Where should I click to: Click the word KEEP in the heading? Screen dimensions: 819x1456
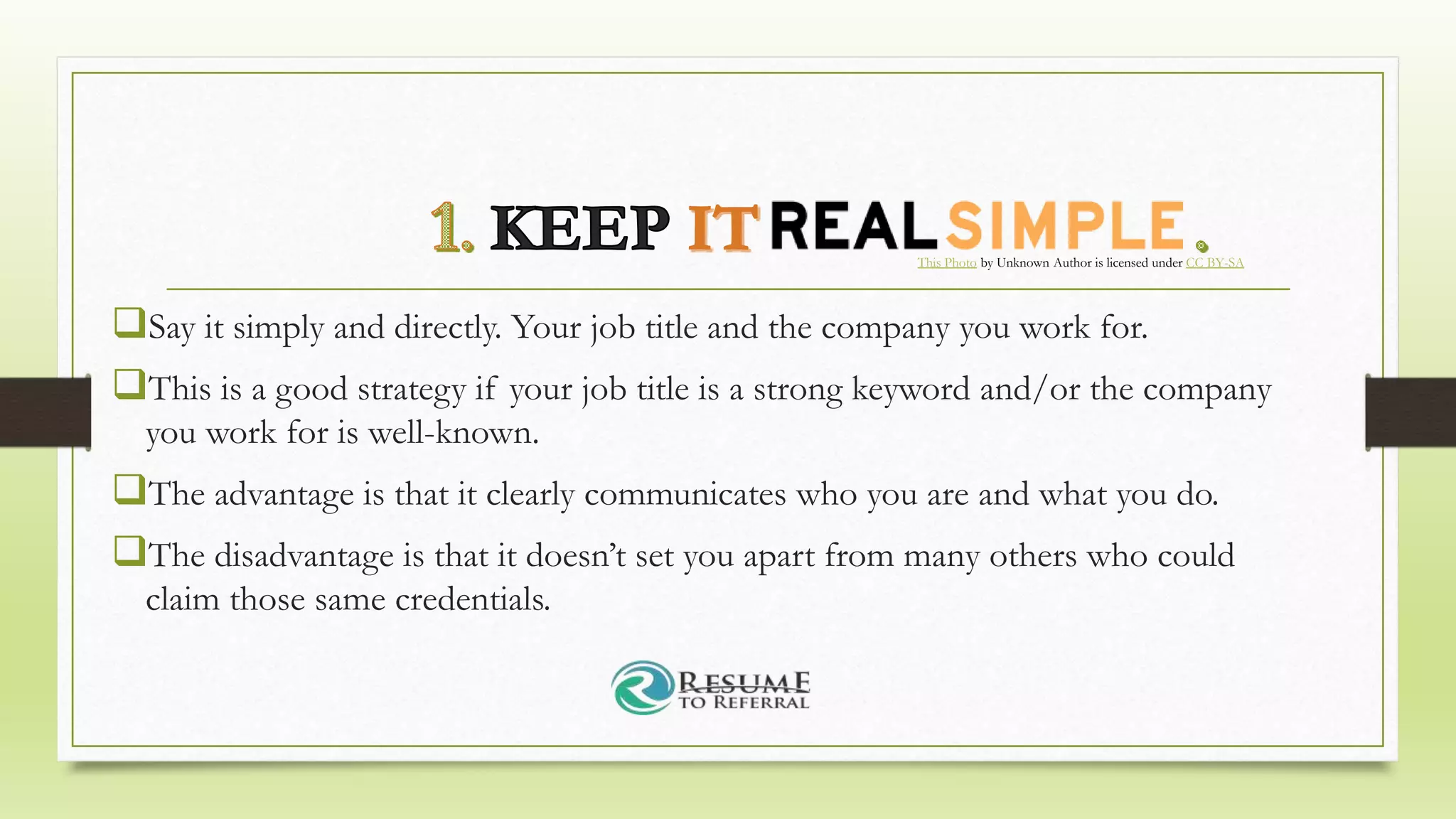coord(579,228)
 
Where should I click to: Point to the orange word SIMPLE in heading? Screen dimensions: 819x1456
coord(1065,225)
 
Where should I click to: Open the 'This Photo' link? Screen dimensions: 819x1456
coord(946,263)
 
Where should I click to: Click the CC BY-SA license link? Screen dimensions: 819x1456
coord(1214,263)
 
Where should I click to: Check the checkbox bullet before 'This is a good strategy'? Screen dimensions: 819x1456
coord(129,385)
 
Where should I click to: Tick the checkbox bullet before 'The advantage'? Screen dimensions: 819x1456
coord(129,490)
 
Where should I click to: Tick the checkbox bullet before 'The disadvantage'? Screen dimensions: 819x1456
coord(129,551)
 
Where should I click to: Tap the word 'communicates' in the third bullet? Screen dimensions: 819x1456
coord(685,495)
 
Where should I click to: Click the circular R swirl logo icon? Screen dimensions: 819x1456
coord(643,687)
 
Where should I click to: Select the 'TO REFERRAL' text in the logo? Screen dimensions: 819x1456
coord(743,703)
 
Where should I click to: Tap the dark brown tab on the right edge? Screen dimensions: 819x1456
coord(1410,412)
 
